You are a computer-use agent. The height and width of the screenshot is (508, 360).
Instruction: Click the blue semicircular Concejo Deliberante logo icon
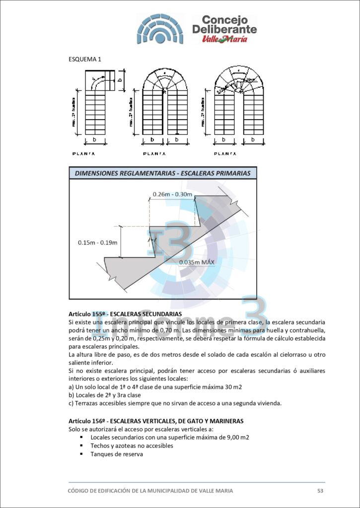point(160,29)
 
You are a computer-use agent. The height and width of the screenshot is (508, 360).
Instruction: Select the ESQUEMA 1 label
point(84,60)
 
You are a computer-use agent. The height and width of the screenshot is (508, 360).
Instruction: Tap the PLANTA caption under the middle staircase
point(155,154)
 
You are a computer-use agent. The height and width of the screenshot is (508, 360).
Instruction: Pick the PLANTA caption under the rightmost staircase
point(226,154)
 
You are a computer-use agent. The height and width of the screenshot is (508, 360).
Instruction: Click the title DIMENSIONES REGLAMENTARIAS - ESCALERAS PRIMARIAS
point(162,173)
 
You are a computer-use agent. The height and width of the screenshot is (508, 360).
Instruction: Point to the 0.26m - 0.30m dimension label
point(172,194)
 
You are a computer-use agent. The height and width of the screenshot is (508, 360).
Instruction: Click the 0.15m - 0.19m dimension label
point(97,243)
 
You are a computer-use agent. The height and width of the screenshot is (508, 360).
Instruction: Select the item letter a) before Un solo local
point(71,386)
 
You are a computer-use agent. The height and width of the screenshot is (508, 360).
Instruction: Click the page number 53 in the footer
point(320,491)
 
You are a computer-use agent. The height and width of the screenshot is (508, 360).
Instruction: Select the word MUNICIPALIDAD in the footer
point(162,491)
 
